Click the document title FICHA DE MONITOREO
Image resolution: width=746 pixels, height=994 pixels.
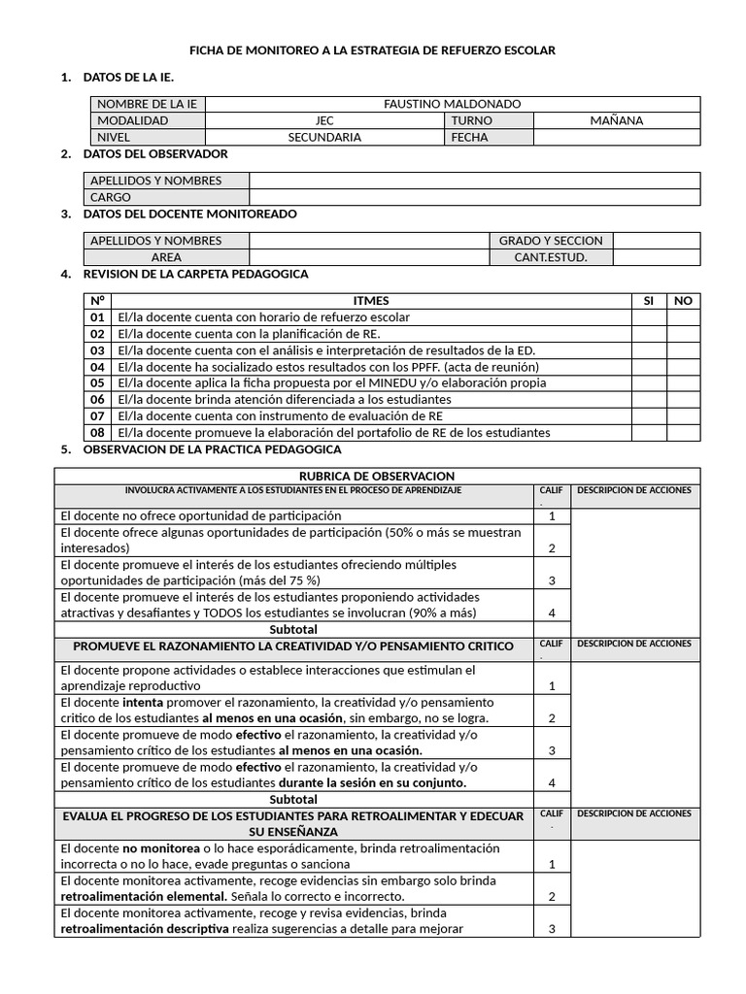tap(372, 50)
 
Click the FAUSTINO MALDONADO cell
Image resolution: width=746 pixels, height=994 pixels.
tap(452, 104)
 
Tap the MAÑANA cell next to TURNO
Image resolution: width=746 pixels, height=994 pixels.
tap(616, 120)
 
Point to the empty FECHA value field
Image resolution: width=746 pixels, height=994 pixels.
tap(616, 137)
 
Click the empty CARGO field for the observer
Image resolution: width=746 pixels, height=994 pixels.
tap(474, 197)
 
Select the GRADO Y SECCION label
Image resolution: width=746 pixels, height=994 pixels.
tap(550, 241)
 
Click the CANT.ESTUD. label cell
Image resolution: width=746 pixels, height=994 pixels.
tap(550, 257)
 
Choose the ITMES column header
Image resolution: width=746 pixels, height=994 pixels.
tap(371, 301)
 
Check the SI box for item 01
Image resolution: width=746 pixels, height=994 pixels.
tap(648, 317)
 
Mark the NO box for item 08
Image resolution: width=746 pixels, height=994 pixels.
tap(683, 432)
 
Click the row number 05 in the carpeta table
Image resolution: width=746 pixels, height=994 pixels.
tap(97, 382)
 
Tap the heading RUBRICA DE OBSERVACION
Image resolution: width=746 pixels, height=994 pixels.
tap(377, 476)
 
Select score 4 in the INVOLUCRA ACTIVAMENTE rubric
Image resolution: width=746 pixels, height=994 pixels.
tap(552, 613)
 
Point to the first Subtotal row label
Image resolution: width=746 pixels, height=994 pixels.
tap(293, 629)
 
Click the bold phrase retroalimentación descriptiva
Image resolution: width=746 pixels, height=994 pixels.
tap(145, 928)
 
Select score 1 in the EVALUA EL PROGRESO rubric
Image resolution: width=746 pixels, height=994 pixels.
tap(552, 863)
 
